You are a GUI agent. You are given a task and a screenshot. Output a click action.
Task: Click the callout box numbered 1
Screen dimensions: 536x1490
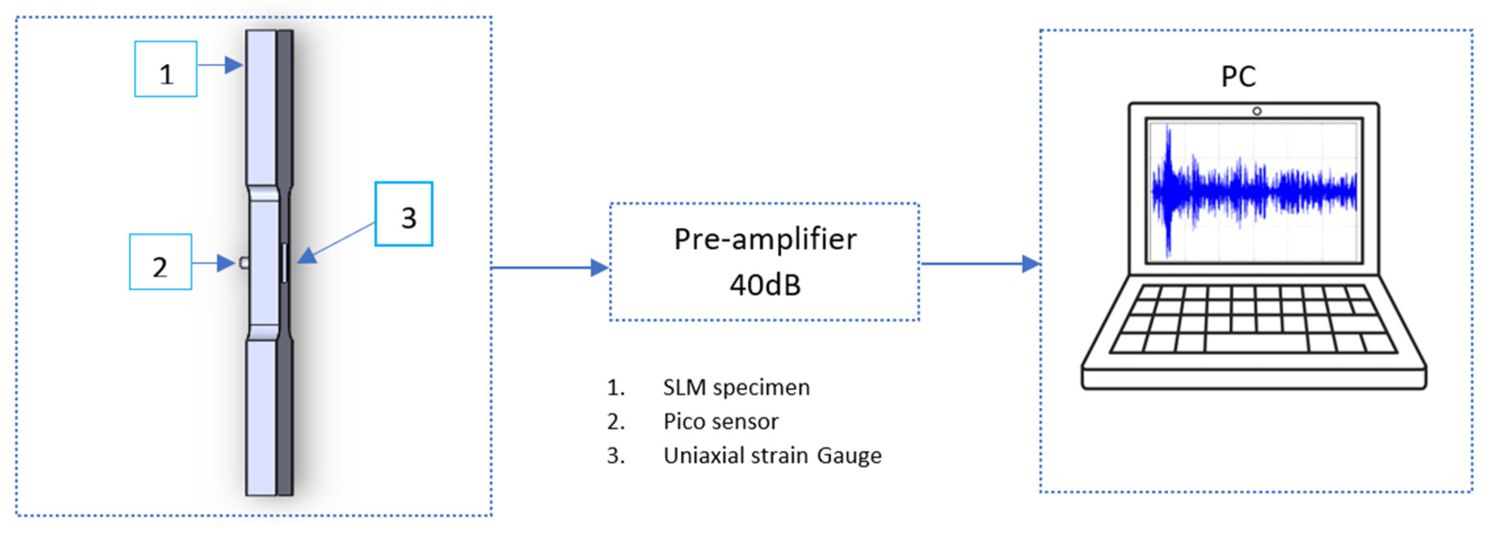click(166, 69)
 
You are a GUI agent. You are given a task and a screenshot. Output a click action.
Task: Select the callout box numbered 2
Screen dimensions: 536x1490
click(160, 262)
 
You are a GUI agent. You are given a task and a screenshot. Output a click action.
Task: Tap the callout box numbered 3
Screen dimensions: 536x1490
click(404, 214)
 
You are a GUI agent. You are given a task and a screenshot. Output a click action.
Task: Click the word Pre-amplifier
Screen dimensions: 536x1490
click(765, 240)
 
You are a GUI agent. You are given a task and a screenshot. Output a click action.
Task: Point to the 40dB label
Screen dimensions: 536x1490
click(765, 285)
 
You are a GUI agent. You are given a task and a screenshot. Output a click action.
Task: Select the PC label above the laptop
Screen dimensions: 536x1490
click(1238, 76)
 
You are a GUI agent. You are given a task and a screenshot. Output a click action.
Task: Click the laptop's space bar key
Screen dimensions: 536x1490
click(1256, 343)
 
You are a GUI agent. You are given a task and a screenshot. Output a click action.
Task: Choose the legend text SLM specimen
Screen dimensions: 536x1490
click(736, 387)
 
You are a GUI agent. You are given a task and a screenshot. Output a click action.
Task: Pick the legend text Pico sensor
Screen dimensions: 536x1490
click(721, 421)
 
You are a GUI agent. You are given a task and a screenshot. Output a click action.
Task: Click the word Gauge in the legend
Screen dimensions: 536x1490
click(849, 456)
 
